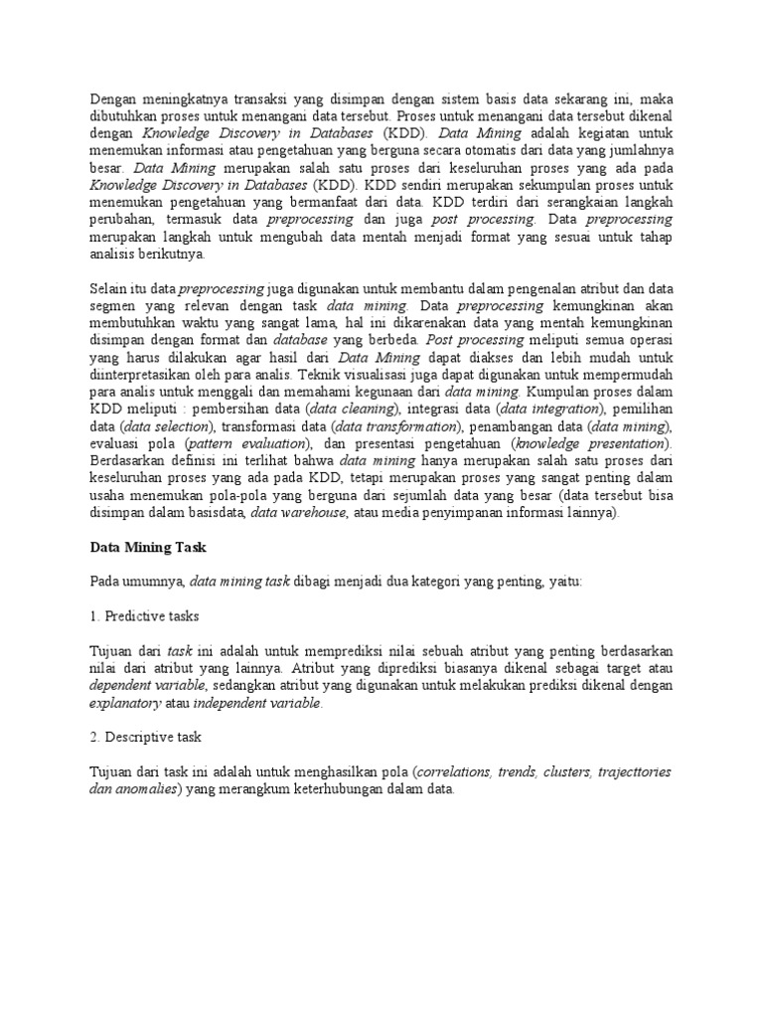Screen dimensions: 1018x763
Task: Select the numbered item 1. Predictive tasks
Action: click(x=144, y=615)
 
